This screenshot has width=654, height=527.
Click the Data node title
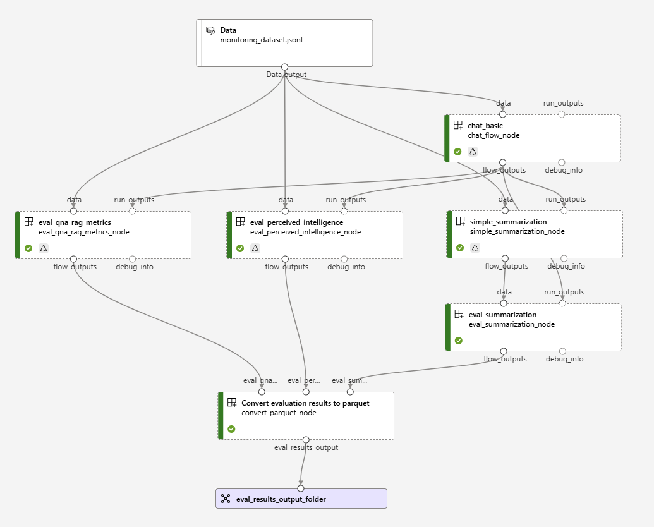point(228,30)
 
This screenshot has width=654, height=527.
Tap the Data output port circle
point(284,67)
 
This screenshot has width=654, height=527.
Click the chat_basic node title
point(485,126)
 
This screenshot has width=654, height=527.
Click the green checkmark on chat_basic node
point(457,152)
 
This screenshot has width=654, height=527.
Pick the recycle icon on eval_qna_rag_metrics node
point(44,248)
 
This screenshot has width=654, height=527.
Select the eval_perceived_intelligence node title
point(296,222)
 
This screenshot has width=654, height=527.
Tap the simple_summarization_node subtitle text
point(517,231)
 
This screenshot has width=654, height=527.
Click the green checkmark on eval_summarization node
point(459,340)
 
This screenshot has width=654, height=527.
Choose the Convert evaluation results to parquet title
point(305,403)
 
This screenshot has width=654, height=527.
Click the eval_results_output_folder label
point(281,499)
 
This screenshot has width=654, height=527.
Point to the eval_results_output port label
point(306,447)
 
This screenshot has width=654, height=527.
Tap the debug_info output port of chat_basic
point(562,162)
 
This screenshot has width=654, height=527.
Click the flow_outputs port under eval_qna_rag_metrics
point(73,259)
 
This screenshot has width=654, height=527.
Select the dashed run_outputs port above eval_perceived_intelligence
point(344,211)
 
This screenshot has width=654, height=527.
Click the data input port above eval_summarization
point(504,303)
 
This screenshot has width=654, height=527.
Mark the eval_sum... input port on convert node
point(350,392)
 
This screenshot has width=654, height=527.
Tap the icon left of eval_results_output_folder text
point(226,499)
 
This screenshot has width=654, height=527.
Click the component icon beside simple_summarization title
point(459,222)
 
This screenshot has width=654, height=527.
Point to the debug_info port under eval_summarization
point(562,351)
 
